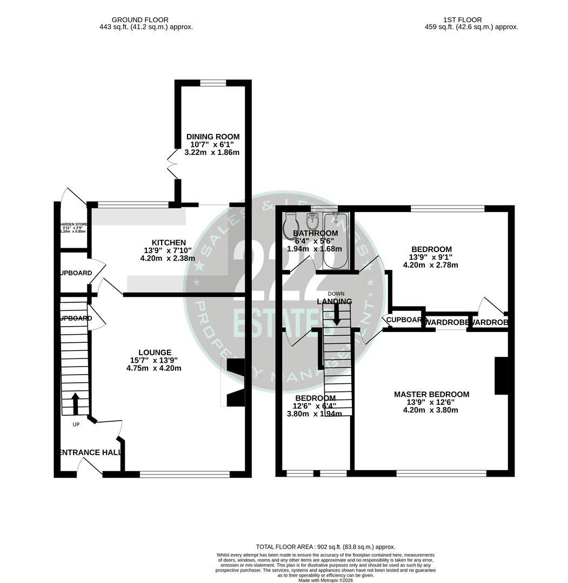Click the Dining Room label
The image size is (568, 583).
[212, 137]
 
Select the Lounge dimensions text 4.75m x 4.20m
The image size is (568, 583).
[153, 369]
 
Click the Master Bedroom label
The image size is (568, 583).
[431, 395]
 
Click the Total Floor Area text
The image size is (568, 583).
[325, 547]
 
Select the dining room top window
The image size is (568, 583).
[213, 83]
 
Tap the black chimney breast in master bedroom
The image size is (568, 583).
[501, 376]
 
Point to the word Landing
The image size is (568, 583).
[334, 302]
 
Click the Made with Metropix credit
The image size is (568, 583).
[325, 580]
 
